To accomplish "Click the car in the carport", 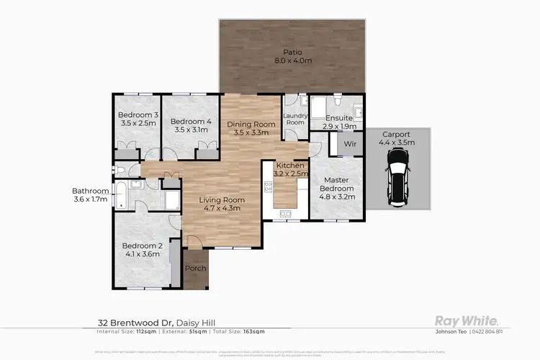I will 397,182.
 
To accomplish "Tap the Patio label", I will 292,56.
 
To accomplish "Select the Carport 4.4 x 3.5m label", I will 396,139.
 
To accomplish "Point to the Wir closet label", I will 351,144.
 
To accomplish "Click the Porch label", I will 195,269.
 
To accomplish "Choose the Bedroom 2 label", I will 144,249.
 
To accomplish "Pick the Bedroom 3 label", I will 138,120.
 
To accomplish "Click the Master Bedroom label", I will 336,189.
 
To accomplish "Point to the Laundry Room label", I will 296,119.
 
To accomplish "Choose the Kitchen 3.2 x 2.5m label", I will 287,170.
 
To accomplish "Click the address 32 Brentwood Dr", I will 135,323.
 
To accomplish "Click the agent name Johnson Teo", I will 450,332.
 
